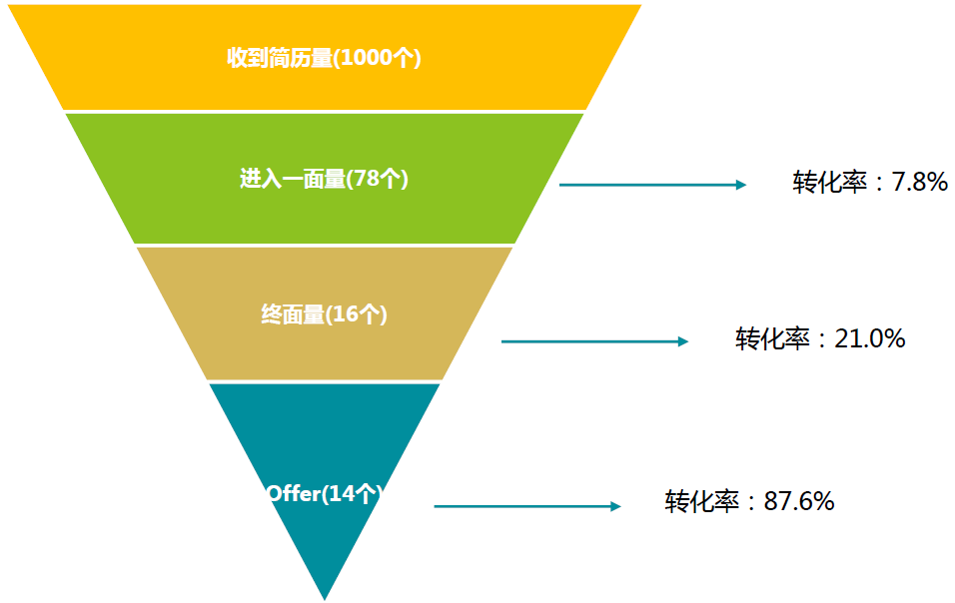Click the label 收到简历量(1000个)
[x=324, y=58]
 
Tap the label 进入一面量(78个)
[x=324, y=179]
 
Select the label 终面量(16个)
[x=324, y=313]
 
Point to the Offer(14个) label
[x=325, y=493]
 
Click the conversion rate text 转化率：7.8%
[x=870, y=182]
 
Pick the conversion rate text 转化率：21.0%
[x=820, y=338]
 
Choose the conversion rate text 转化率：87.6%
[x=749, y=501]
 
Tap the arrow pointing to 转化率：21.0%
[x=594, y=341]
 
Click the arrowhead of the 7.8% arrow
[x=740, y=185]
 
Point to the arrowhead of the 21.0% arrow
[x=683, y=341]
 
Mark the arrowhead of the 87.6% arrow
[x=615, y=506]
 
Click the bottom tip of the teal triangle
[x=325, y=597]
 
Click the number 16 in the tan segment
[x=345, y=313]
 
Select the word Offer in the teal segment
[x=292, y=493]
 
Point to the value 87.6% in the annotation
[x=799, y=501]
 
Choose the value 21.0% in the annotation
[x=870, y=338]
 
